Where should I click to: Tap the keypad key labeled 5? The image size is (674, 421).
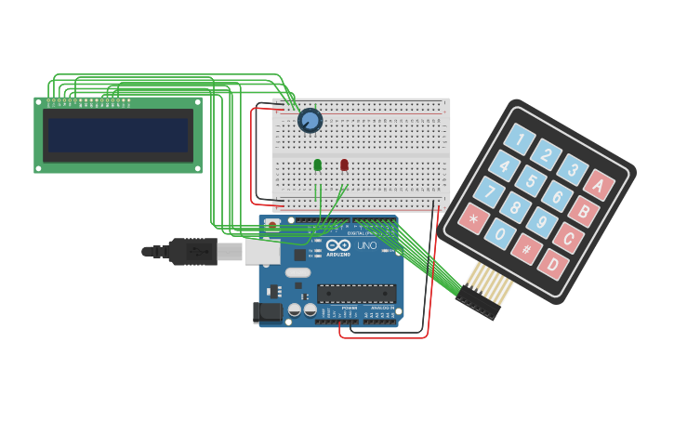[x=532, y=180]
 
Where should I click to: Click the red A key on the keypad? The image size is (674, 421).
[x=598, y=185]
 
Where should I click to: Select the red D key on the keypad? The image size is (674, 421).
[x=553, y=264]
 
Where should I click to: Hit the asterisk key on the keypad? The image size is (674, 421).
[x=473, y=219]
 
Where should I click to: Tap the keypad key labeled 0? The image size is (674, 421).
[x=500, y=233]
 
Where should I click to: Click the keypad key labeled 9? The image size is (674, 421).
[x=541, y=223]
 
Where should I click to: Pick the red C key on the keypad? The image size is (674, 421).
[x=568, y=238]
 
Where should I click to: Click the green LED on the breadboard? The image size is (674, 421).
[x=318, y=164]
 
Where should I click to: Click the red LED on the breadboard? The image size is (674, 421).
[x=344, y=164]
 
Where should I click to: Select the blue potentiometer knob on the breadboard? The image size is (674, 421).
[x=310, y=121]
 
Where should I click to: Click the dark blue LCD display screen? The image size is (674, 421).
[x=118, y=135]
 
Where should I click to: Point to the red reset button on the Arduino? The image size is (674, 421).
[x=271, y=224]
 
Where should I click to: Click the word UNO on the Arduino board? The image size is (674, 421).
[x=366, y=246]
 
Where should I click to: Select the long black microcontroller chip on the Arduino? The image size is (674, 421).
[x=357, y=294]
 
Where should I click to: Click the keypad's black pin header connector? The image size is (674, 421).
[x=477, y=303]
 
